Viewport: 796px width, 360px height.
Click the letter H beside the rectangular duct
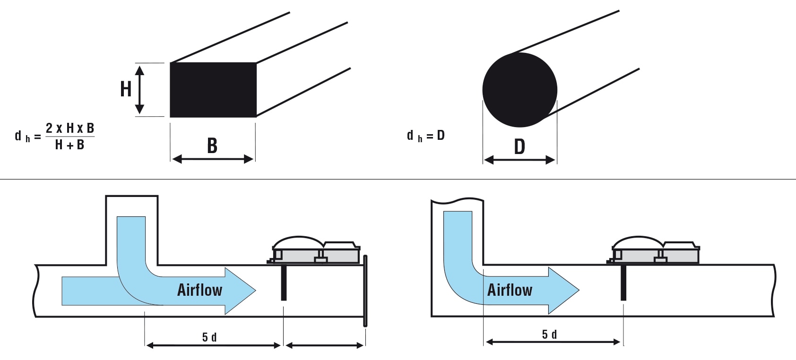coord(126,89)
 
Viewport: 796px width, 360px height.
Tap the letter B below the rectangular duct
coord(212,146)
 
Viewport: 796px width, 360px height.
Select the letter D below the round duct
coord(519,146)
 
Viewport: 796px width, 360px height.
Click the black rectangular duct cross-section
coord(213,90)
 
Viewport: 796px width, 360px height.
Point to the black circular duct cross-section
coord(519,90)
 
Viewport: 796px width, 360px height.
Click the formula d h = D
coord(426,136)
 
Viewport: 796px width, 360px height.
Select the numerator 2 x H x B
coord(70,128)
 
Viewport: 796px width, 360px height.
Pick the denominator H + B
coord(69,145)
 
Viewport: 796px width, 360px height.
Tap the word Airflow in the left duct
coord(200,290)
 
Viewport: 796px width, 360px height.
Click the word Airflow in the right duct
coord(510,290)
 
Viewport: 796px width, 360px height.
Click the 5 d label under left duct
coord(209,337)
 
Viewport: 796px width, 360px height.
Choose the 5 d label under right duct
coord(549,334)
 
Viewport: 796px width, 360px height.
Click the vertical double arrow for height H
coord(139,90)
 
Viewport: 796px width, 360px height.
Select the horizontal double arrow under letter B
coord(213,159)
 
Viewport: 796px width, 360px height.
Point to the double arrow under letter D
coord(519,160)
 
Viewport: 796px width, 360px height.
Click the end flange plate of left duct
coord(365,291)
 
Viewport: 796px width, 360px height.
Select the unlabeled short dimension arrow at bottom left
coord(325,345)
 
